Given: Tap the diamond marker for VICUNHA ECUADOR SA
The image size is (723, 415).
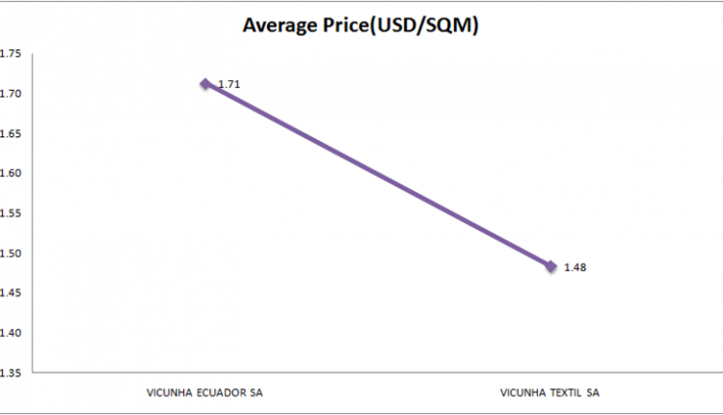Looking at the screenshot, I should tap(205, 84).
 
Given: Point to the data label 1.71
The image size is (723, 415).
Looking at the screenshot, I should tap(229, 85).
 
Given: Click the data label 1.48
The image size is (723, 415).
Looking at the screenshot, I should tap(576, 267).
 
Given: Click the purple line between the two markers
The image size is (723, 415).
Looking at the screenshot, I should tap(378, 175).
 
